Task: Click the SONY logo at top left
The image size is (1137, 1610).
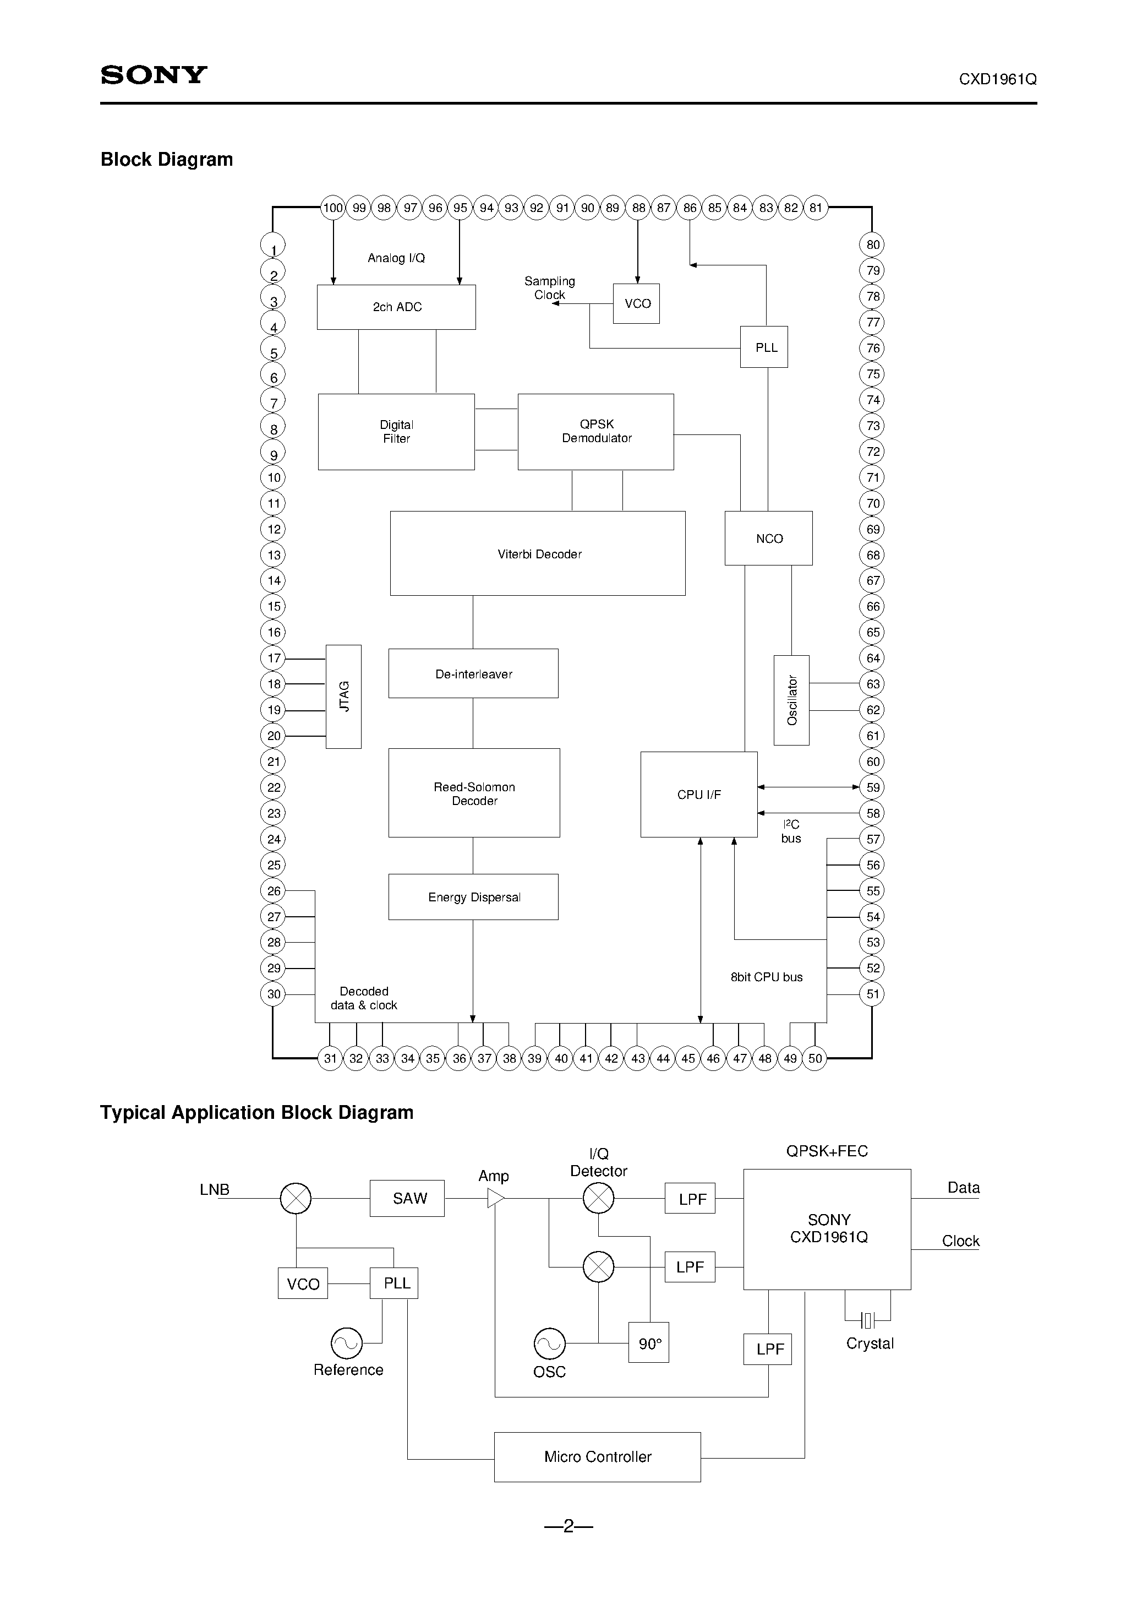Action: click(x=154, y=75)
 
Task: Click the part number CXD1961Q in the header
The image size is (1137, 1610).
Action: click(x=997, y=79)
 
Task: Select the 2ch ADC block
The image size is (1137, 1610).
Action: click(x=396, y=307)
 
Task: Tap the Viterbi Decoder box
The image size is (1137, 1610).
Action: click(x=538, y=553)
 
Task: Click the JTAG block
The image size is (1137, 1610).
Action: click(x=343, y=697)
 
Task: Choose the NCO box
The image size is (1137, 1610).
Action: click(x=768, y=538)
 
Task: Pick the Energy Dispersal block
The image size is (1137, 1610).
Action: click(x=473, y=897)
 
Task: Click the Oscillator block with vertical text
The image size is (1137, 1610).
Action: click(x=791, y=700)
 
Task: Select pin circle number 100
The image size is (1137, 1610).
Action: click(x=333, y=208)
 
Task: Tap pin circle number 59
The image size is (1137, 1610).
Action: click(x=872, y=787)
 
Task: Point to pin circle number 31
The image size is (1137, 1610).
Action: click(x=330, y=1058)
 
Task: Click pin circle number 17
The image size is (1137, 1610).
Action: click(x=274, y=659)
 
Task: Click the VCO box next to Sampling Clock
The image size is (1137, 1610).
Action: click(x=637, y=303)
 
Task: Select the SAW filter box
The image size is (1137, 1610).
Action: click(x=407, y=1198)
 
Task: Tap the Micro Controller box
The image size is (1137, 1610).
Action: click(x=597, y=1456)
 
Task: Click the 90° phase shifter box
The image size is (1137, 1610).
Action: click(x=648, y=1343)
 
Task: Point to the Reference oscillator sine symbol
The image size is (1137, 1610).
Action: click(x=346, y=1344)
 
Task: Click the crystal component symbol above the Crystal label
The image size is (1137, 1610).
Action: click(x=868, y=1321)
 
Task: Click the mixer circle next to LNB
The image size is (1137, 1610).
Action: click(x=296, y=1198)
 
